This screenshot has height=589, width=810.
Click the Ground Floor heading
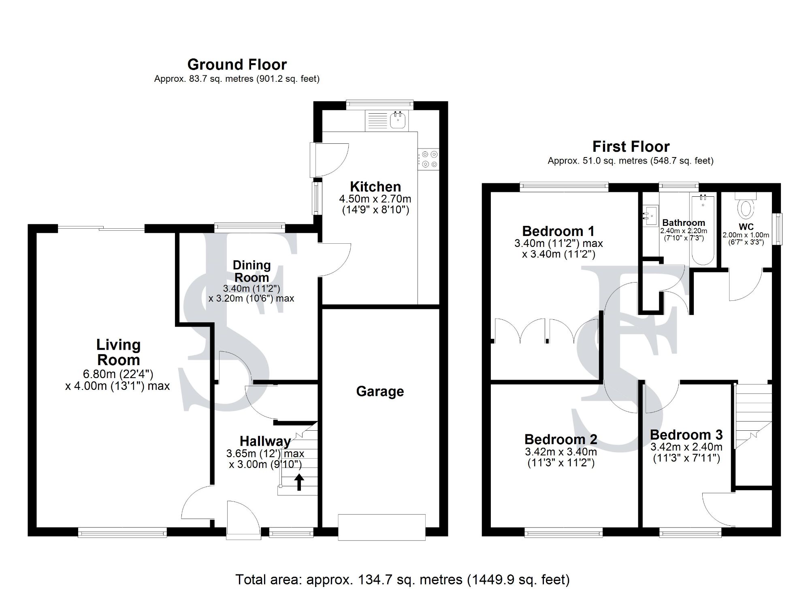[x=237, y=64]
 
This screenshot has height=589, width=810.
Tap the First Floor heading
[x=631, y=146]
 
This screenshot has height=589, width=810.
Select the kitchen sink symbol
[x=398, y=120]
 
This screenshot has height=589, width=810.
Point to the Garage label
[x=380, y=391]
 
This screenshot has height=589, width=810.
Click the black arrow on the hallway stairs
[x=299, y=482]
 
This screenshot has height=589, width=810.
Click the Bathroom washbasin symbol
[x=650, y=215]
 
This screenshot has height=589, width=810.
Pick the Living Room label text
[x=118, y=352]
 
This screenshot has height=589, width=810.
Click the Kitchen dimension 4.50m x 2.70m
[x=375, y=199]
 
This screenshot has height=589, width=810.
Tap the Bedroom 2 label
[x=561, y=439]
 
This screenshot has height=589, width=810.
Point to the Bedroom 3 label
[x=686, y=435]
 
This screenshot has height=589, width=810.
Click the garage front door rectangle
[x=382, y=527]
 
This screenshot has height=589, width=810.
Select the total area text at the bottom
[x=402, y=579]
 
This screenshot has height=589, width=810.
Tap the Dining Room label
[x=252, y=271]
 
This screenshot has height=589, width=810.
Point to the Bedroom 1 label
[x=558, y=231]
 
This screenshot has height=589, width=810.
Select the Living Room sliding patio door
[x=101, y=229]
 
